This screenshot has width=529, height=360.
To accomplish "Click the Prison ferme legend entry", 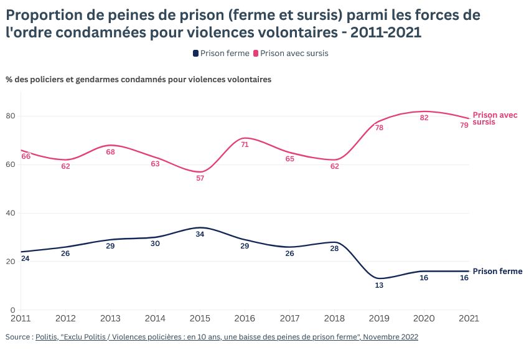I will tap(221, 54).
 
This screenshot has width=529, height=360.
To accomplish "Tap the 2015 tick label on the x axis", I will tap(200, 318).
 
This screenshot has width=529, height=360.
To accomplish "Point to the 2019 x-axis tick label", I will tap(379, 318).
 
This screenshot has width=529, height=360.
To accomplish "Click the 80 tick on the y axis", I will tap(11, 116).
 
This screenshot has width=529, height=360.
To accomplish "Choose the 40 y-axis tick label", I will tap(11, 213).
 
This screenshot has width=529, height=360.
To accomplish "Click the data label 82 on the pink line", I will tap(424, 118).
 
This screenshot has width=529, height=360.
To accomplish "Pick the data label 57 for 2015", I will tap(200, 178).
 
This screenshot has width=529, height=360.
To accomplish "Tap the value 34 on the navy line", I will tap(200, 234).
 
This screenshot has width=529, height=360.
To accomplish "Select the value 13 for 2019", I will tap(379, 285).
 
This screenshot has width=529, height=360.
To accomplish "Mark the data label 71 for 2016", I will tap(245, 144).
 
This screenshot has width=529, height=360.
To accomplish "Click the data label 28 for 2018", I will tap(334, 249).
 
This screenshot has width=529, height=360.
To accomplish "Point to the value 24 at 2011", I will tap(26, 258).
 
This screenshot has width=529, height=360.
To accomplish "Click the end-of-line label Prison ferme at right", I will tap(497, 272).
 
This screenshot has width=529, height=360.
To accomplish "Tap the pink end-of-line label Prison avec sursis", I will tap(494, 118).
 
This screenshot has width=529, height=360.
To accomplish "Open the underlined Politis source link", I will tap(227, 337).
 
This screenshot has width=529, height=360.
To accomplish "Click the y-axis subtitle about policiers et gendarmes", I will tap(138, 80).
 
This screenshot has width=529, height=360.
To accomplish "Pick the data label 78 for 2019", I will tap(379, 128).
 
